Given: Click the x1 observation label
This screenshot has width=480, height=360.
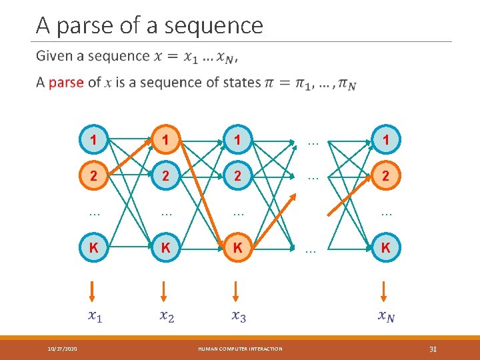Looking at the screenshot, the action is (94, 317).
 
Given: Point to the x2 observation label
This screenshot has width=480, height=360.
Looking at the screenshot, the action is (167, 317).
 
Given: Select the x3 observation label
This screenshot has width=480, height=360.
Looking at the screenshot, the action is (239, 317).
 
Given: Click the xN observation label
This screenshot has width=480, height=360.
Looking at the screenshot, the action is (385, 317).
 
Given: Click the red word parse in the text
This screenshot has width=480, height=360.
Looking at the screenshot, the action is (66, 83).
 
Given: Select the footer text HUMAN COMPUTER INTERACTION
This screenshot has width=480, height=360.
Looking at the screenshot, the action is (240, 349).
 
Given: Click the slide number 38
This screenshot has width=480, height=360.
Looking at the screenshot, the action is (433, 349).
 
